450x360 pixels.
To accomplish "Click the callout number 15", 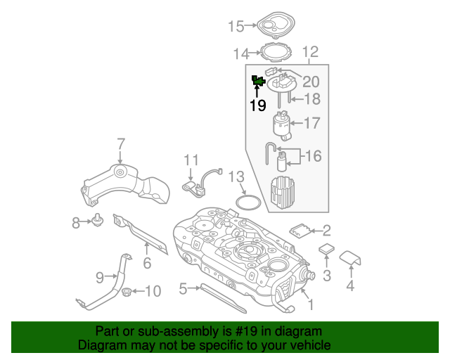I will coord(236,27).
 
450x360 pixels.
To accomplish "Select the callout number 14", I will coord(241,53).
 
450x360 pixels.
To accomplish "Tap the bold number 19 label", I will coord(257,105).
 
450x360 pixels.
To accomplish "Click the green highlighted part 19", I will coord(258,82).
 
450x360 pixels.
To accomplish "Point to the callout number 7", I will coord(120,144).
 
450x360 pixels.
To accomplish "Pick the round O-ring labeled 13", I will coord(246,202).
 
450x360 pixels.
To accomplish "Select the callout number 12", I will coord(310,52).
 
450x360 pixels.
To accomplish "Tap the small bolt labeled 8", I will coord(96,222).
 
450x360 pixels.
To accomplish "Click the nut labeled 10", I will coord(127,291).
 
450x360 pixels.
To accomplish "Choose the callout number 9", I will coord(100,277).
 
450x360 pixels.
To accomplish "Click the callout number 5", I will coord(183,288).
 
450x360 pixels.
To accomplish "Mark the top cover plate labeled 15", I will coord(274,25).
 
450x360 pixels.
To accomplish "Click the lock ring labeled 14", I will coord(276,52).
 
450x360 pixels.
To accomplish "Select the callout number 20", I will coord(310,82).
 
